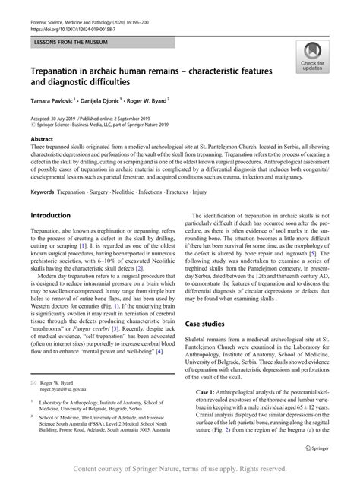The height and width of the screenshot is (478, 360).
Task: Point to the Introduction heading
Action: pos(50,216)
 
